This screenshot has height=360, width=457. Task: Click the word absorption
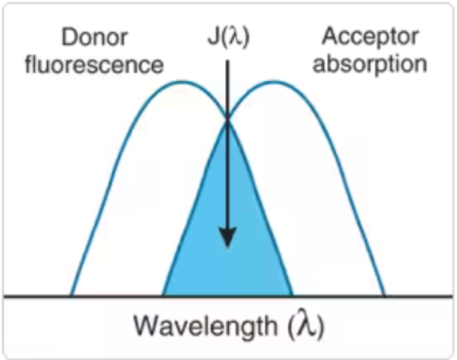click(371, 63)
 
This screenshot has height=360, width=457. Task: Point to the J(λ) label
click(227, 38)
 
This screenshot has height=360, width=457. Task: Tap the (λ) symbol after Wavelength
click(307, 328)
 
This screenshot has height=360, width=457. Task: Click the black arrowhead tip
click(227, 246)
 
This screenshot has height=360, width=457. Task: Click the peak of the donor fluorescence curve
click(182, 82)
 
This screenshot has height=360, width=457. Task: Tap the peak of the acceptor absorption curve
click(274, 82)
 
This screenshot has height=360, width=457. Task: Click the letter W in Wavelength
click(147, 328)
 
